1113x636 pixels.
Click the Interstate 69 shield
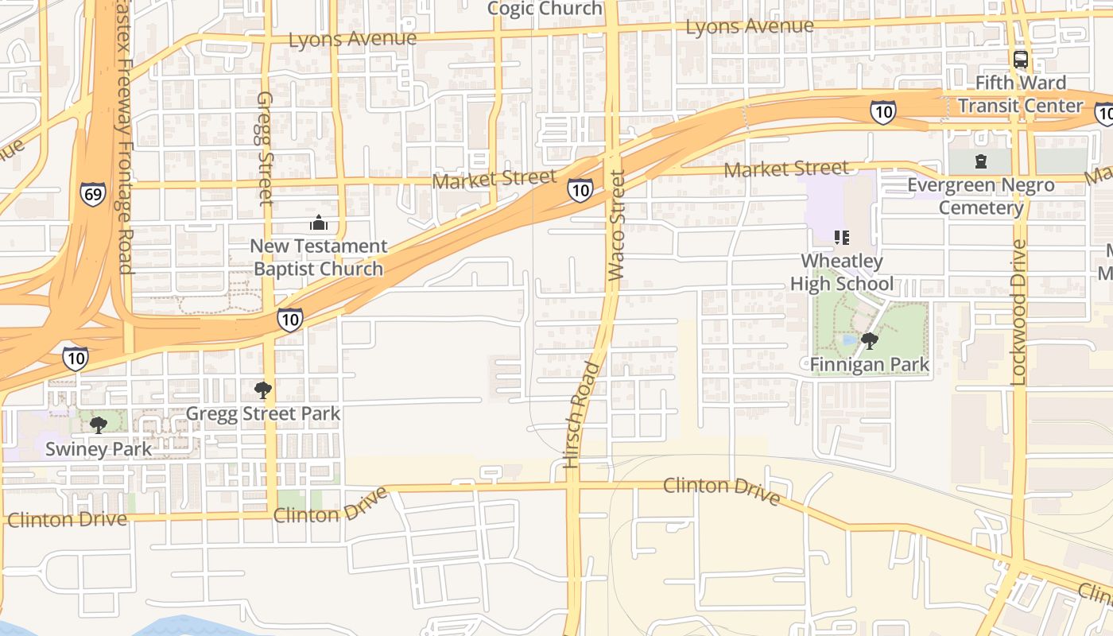click(x=92, y=194)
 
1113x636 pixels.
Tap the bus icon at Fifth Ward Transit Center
click(x=1020, y=59)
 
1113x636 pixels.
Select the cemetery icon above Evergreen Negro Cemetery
click(x=980, y=161)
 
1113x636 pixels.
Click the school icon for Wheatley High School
click(x=841, y=237)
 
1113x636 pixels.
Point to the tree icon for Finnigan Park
click(x=869, y=341)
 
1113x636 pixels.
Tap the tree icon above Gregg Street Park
click(x=262, y=390)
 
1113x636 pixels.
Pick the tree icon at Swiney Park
click(x=98, y=425)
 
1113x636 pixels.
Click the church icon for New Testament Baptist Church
click(x=318, y=223)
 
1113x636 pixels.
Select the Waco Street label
click(x=617, y=224)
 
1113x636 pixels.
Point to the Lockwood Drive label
click(x=1018, y=312)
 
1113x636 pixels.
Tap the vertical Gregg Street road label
click(x=264, y=149)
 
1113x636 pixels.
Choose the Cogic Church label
click(x=545, y=9)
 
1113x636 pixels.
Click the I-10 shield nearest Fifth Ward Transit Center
click(x=882, y=112)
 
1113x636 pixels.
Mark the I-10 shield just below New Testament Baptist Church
click(x=289, y=320)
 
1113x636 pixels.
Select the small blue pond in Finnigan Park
click(x=849, y=340)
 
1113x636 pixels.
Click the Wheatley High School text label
click(x=841, y=273)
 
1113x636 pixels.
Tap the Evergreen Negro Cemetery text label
click(x=981, y=196)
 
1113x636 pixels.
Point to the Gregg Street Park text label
click(x=262, y=413)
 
